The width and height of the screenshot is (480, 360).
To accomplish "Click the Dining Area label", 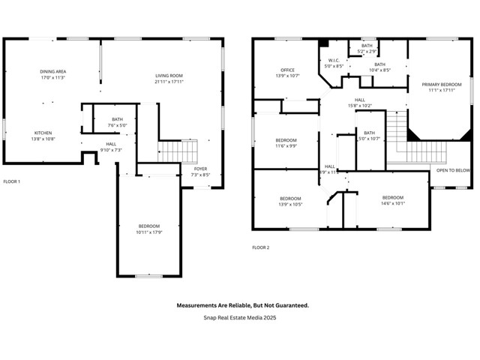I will coord(52,72).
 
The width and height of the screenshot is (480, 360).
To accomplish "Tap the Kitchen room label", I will coord(43,133).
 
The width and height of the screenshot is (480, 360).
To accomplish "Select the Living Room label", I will coord(169,76).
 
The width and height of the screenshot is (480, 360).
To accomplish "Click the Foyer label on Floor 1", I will coord(200,169).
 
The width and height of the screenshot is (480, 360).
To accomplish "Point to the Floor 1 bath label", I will coord(117,119).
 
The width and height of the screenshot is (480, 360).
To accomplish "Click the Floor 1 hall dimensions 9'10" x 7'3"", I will coord(111,150).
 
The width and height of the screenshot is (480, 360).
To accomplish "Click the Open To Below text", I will coord(453,170).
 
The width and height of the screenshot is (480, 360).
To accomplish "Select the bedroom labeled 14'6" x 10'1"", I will coord(393,203).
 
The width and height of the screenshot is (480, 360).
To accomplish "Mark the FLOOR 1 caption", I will coord(12,181).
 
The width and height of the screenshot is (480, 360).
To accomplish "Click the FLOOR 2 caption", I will coord(260,247).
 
